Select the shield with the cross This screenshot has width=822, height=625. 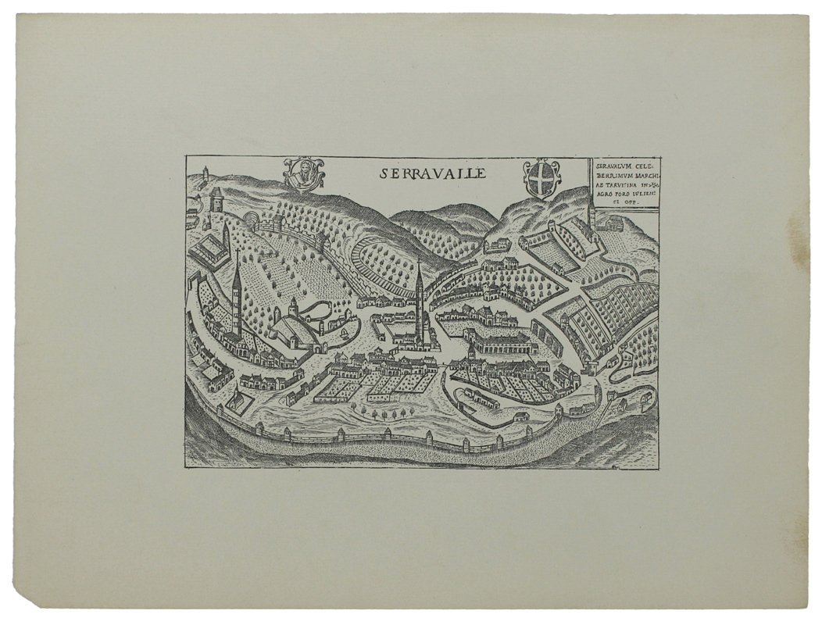point(541,178)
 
